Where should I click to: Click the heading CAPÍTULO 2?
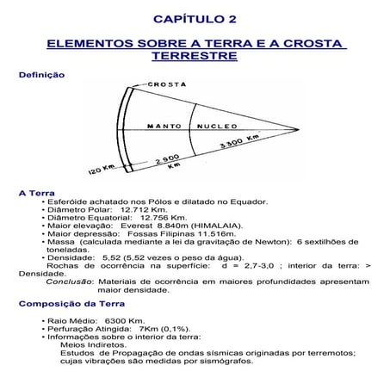[194, 18]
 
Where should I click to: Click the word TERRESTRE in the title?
[194, 55]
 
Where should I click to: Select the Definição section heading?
[40, 75]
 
